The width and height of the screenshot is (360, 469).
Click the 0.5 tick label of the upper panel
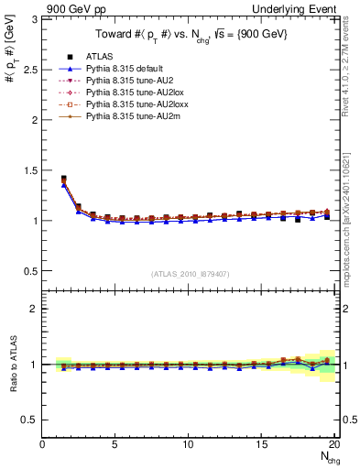coord(29,271)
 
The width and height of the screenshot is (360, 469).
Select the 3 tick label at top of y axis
coord(34,19)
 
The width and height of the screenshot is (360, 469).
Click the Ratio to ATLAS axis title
coord(12,365)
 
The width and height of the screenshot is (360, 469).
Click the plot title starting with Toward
coord(191,37)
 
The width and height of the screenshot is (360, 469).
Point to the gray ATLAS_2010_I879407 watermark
coord(191,274)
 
